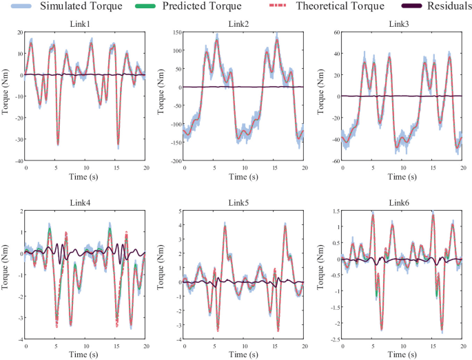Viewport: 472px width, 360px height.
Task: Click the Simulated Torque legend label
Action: click(81, 7)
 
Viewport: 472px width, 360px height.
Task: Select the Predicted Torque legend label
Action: click(204, 7)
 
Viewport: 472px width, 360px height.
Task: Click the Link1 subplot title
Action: click(85, 23)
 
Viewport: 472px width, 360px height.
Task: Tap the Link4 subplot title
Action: click(85, 202)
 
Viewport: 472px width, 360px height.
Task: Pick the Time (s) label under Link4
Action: click(85, 354)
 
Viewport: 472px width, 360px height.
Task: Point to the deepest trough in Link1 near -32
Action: click(58, 144)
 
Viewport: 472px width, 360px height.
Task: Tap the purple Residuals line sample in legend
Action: click(402, 7)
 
